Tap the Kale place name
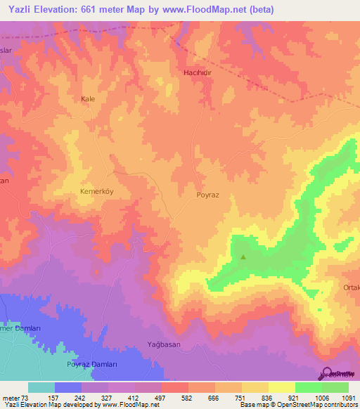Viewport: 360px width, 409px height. click(x=88, y=99)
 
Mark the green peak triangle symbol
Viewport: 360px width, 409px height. click(x=243, y=257)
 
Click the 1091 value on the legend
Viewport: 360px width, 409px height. click(x=348, y=397)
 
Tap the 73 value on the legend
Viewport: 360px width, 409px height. click(x=25, y=397)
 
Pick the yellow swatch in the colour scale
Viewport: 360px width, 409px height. click(x=281, y=387)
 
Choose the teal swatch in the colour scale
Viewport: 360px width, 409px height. click(x=41, y=387)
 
